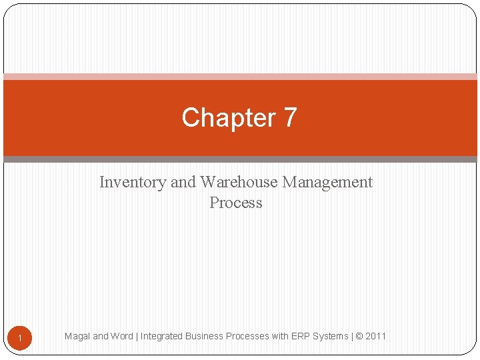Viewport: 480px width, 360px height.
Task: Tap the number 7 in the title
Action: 289,118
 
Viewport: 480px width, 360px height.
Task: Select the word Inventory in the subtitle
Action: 133,182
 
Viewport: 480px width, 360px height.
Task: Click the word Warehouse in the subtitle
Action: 238,182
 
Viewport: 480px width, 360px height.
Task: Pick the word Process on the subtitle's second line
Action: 236,203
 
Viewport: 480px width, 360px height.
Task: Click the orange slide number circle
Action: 20,339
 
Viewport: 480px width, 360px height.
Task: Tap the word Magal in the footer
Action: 77,336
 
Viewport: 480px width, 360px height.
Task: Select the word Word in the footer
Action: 122,336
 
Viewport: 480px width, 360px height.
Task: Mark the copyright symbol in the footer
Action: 359,336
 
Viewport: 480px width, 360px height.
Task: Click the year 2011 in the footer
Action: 376,336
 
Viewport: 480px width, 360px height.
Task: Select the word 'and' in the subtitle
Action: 183,182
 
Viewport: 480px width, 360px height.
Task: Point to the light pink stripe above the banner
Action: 240,77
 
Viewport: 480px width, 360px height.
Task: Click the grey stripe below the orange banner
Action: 240,159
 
